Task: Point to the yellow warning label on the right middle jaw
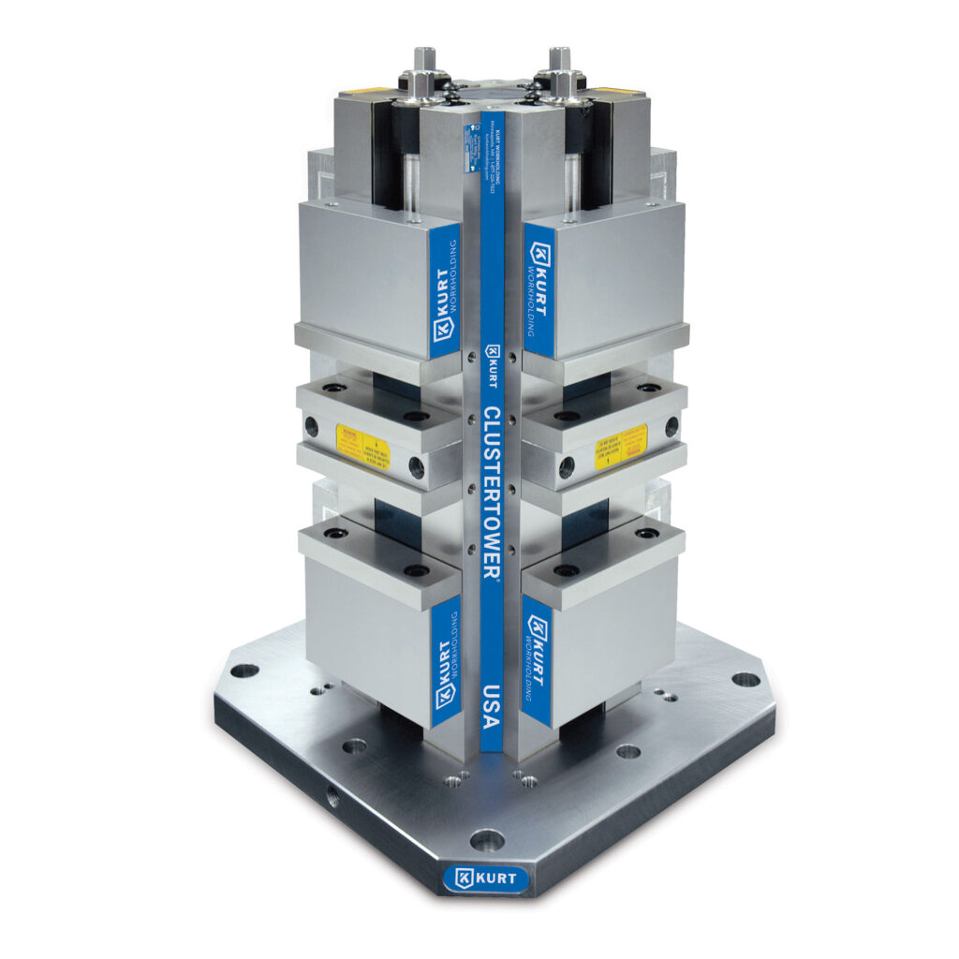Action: [x=621, y=448]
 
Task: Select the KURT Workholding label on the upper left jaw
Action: [x=445, y=291]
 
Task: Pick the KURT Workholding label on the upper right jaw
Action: [x=539, y=289]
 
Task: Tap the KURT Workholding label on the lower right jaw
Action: [x=537, y=661]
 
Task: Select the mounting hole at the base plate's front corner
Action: [x=484, y=839]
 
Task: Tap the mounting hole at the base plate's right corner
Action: [x=745, y=679]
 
